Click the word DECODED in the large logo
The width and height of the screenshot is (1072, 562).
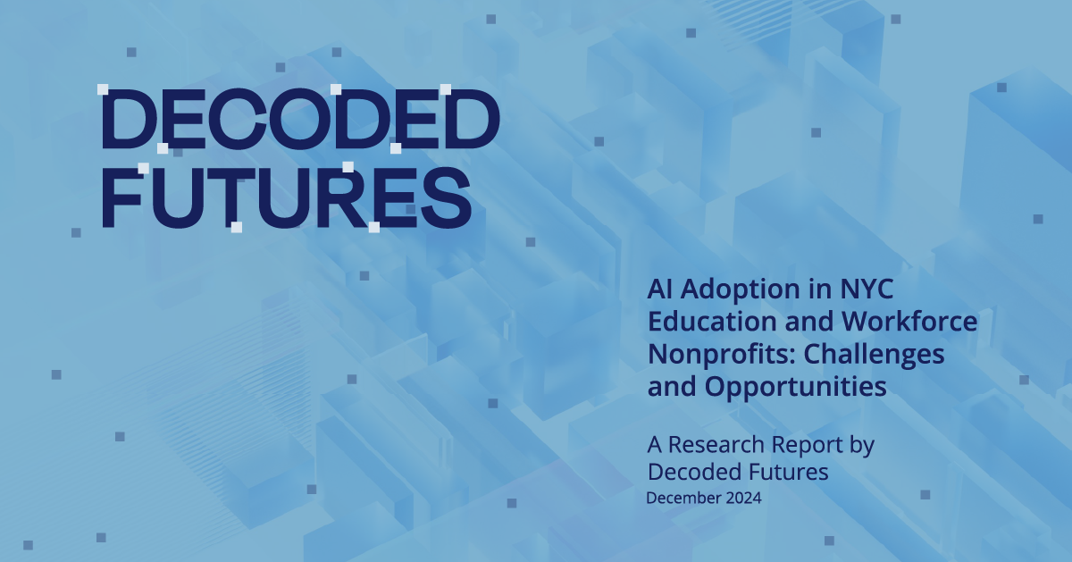299,122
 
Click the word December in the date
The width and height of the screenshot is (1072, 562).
683,499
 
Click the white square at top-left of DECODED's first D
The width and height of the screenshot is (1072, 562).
103,89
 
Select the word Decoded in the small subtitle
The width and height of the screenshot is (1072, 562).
689,471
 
